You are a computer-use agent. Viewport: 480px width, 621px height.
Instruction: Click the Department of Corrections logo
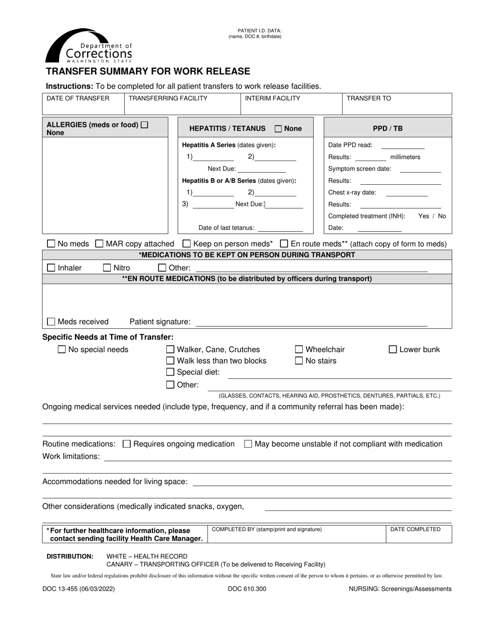[89, 46]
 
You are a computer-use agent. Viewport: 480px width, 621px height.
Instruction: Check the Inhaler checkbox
[51, 268]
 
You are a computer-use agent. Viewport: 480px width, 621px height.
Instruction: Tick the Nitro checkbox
[107, 268]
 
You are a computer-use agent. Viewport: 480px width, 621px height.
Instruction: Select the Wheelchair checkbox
[299, 349]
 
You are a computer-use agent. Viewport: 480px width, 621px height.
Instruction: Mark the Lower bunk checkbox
[393, 349]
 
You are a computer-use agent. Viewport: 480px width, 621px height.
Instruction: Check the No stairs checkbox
[299, 361]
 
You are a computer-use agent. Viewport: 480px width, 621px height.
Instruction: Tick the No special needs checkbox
[62, 349]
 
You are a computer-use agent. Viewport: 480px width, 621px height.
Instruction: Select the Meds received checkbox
[51, 322]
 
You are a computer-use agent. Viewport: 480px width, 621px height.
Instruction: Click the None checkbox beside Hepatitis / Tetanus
[278, 129]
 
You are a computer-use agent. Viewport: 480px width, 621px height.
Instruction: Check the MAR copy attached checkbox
[100, 244]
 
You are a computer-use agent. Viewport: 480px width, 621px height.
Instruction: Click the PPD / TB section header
[388, 128]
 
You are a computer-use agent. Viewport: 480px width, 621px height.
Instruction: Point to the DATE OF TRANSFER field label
[78, 98]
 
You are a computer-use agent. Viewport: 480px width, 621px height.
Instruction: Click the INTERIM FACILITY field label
[272, 98]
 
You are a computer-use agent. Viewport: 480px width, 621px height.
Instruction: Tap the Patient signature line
[311, 323]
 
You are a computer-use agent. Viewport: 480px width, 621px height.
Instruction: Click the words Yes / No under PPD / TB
[432, 216]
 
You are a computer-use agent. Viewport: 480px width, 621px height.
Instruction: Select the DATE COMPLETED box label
[415, 529]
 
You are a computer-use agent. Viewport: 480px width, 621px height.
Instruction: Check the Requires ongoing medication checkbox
[127, 444]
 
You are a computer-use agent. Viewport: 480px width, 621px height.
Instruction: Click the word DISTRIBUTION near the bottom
[70, 556]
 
